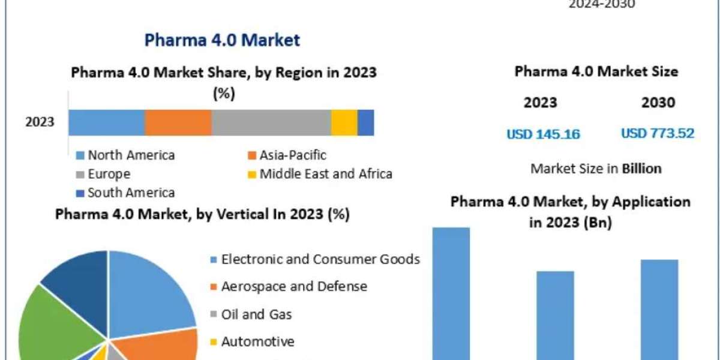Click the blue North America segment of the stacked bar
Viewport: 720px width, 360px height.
[106, 122]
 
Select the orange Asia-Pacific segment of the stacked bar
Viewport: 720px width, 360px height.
[178, 122]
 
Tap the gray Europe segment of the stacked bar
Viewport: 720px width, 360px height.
[271, 122]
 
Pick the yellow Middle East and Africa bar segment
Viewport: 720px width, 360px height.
[344, 122]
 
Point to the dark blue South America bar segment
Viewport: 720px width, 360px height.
[366, 122]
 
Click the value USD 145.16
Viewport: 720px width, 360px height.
[544, 134]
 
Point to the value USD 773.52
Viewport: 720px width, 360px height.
[658, 133]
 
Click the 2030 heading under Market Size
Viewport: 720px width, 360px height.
[658, 103]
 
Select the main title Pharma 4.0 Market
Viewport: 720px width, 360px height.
[222, 41]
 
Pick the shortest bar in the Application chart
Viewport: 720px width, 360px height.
[555, 315]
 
